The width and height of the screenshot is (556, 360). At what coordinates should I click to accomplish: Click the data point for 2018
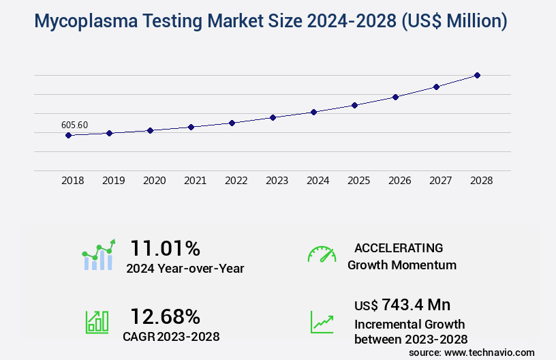[x=68, y=135]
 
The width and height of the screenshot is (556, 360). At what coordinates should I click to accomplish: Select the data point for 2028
[x=477, y=75]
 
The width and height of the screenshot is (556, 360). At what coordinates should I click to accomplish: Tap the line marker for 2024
[x=313, y=112]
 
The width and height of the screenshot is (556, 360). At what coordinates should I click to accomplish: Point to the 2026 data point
[x=395, y=97]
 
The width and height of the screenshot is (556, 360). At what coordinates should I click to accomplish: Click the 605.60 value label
[x=74, y=125]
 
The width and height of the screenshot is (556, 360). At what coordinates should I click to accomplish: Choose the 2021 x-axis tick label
[x=195, y=181]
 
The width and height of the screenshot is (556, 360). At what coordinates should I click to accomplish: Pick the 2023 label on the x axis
[x=277, y=181]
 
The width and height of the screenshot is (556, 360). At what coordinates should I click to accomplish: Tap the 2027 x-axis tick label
[x=440, y=181]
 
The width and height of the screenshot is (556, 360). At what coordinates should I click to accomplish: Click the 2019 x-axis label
[x=113, y=181]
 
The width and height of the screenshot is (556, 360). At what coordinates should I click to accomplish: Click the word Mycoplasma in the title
[x=76, y=22]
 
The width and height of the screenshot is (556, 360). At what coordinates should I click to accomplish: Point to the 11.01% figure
[x=165, y=248]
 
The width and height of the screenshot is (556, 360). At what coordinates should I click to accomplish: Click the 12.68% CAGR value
[x=165, y=316]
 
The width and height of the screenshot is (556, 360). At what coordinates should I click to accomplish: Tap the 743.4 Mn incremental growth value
[x=416, y=304]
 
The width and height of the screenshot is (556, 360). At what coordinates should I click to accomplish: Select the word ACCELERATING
[x=399, y=248]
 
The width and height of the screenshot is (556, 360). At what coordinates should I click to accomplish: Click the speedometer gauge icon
[x=322, y=254]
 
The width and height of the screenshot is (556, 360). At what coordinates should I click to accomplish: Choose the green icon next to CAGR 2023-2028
[x=97, y=322]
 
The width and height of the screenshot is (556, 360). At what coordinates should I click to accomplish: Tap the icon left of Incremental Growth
[x=322, y=322]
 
